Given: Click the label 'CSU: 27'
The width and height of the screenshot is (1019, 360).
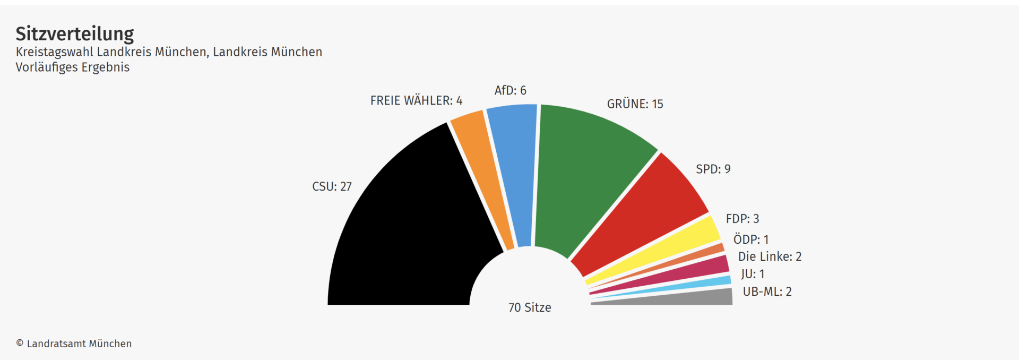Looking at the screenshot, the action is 332,186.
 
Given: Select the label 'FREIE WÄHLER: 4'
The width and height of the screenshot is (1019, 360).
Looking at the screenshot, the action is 416,100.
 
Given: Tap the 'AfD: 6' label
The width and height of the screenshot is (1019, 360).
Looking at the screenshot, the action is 510,90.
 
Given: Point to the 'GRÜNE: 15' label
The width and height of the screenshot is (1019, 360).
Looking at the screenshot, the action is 635,104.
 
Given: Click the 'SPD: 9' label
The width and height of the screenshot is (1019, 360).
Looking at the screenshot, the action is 713,169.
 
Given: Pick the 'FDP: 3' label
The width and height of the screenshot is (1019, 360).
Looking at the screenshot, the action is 742,218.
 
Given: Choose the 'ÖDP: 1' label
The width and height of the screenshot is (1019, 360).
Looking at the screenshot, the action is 751,239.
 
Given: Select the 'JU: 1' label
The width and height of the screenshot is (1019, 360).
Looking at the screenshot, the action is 753,274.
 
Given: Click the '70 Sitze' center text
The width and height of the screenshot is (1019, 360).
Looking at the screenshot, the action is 530,307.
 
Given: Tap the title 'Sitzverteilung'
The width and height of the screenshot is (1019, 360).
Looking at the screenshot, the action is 75,34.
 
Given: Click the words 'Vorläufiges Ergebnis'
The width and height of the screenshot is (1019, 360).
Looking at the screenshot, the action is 73,67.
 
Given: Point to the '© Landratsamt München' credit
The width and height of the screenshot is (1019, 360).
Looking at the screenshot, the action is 74,344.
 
